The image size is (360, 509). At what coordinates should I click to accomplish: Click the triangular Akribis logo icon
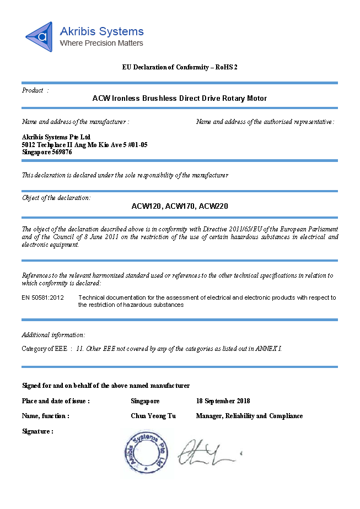coord(39,37)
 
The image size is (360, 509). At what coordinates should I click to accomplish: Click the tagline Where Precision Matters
coord(101,43)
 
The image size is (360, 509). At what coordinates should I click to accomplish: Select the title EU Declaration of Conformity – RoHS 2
coord(180,67)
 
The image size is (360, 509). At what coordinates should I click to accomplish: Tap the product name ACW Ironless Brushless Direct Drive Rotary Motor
coord(180,98)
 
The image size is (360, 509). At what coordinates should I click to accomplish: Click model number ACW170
coord(180,206)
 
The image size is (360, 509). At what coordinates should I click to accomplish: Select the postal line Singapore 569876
coord(47,152)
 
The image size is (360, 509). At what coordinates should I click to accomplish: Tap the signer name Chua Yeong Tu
coord(153,416)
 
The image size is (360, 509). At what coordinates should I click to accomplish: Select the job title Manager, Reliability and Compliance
coord(249,416)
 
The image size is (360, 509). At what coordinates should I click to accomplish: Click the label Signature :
coord(37,431)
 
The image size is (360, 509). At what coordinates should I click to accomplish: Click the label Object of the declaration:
coord(56,198)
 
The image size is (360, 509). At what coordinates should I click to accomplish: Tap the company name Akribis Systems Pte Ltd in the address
coord(56,137)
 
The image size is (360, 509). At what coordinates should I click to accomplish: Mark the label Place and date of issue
coord(56,400)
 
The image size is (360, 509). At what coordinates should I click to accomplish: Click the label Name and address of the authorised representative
coord(265,122)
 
